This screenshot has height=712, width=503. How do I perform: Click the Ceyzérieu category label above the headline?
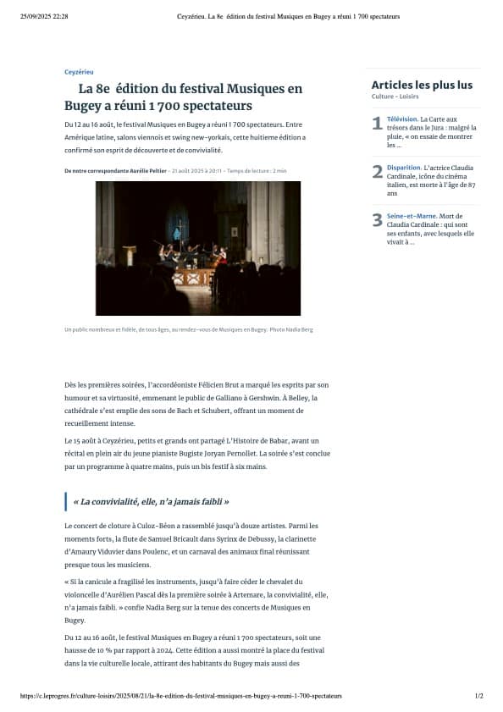pos(79,73)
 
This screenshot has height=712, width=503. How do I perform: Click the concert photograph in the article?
pos(197,248)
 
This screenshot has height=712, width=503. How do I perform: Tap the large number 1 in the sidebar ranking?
pos(377,124)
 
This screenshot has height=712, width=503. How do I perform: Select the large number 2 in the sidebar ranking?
pos(377,172)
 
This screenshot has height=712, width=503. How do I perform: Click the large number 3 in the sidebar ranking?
pos(377,220)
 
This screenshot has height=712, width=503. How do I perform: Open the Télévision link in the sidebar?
pos(402,119)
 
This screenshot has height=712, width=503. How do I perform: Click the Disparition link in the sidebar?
pos(404,168)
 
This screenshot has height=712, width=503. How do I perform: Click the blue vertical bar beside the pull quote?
pos(65,501)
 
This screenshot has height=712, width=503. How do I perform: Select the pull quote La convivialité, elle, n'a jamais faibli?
pos(151,501)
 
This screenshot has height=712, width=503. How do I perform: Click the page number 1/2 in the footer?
pos(478,695)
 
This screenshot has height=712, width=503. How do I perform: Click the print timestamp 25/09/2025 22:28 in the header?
pos(44,16)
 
